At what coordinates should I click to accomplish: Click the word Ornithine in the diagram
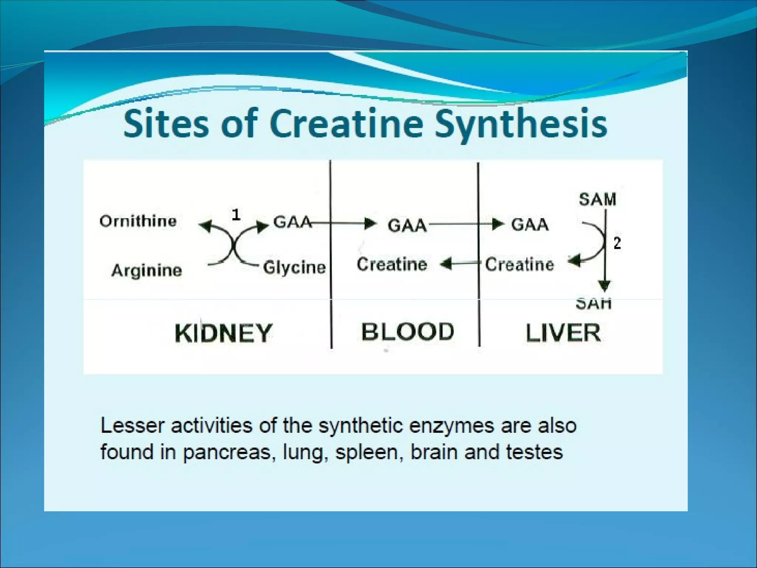(x=138, y=221)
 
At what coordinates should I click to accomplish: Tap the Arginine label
(x=147, y=270)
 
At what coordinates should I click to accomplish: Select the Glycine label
(x=294, y=267)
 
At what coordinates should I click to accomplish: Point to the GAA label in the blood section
(x=407, y=225)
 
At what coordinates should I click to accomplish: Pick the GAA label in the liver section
(x=530, y=224)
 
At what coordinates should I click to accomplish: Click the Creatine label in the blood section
(x=392, y=264)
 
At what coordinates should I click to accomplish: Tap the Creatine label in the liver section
(x=519, y=264)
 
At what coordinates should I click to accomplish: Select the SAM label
(x=597, y=199)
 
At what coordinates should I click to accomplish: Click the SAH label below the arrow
(x=594, y=304)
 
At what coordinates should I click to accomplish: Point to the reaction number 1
(x=236, y=215)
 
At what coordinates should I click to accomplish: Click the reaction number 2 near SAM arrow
(x=617, y=243)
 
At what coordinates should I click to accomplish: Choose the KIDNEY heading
(x=223, y=333)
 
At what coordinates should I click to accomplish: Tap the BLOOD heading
(x=407, y=331)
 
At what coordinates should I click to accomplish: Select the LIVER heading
(x=563, y=333)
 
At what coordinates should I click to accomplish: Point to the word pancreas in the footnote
(x=227, y=452)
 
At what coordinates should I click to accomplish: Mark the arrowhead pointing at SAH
(x=604, y=286)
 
